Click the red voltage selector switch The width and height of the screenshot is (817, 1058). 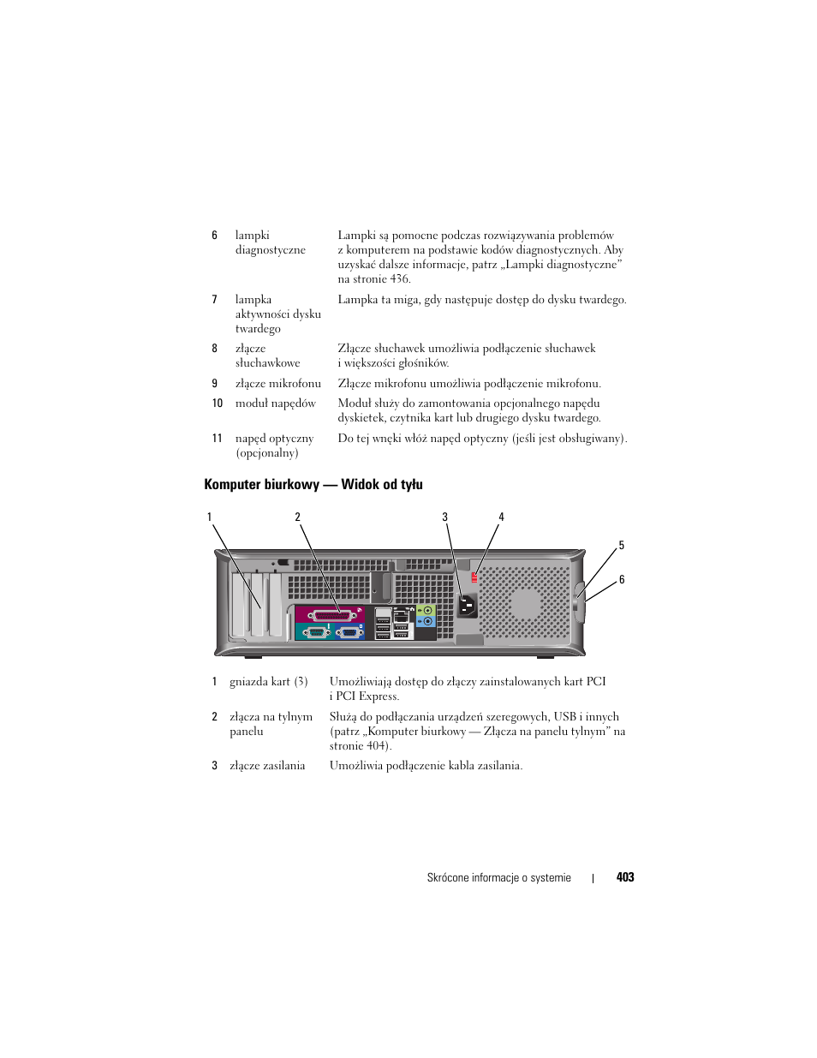474,577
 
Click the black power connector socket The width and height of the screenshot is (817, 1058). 467,606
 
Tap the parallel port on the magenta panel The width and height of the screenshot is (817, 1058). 330,614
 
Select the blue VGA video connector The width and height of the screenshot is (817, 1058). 349,632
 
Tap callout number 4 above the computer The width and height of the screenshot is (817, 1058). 501,517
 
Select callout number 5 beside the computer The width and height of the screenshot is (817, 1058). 621,545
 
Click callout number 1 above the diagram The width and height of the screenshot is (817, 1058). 209,517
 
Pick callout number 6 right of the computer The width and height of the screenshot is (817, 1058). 622,579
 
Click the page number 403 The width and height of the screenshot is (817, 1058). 624,877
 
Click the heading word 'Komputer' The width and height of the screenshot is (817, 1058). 232,484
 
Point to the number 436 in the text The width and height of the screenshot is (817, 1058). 399,278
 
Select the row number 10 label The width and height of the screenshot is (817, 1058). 217,403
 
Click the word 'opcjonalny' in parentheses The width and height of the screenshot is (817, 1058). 267,452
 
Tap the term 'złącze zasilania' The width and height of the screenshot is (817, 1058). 267,766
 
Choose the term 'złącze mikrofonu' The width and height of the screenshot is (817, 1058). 278,383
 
